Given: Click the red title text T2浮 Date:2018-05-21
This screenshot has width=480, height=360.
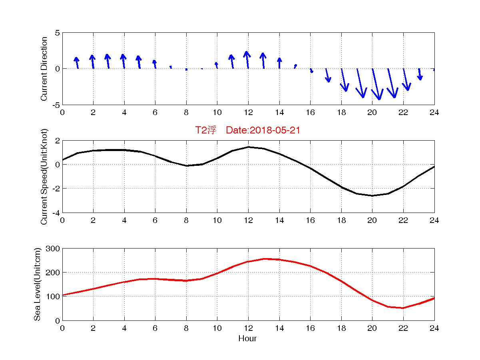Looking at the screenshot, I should pos(247,130).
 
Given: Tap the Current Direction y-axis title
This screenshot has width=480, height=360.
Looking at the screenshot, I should pos(44,69).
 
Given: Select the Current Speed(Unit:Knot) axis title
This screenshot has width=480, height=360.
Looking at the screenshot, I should pos(44,176).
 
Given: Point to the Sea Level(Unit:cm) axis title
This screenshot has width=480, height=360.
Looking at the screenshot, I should pos(37,284).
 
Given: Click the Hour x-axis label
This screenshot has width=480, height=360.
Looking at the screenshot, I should pos(247,338).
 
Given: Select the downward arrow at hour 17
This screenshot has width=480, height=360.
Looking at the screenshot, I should pos(327,76).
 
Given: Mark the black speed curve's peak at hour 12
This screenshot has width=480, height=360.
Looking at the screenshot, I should pos(248,147).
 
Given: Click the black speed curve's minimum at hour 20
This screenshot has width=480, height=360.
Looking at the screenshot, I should pos(372,195).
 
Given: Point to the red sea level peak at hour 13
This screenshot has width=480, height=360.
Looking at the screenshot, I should pos(264,259).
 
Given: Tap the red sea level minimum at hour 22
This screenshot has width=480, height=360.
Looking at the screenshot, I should pos(403,308).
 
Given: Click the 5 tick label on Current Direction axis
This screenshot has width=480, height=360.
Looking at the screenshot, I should pos(57,33).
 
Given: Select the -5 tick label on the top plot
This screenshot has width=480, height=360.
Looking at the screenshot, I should pos(56,105).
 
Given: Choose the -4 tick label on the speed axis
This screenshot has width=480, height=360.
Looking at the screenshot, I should pos(56,213).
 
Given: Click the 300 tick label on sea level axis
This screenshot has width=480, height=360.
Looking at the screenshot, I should pos(54,249).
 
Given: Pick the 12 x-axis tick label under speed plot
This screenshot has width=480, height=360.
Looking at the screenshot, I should pos(248,221).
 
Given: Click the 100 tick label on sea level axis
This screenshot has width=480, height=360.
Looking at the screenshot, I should pos(54,296).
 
